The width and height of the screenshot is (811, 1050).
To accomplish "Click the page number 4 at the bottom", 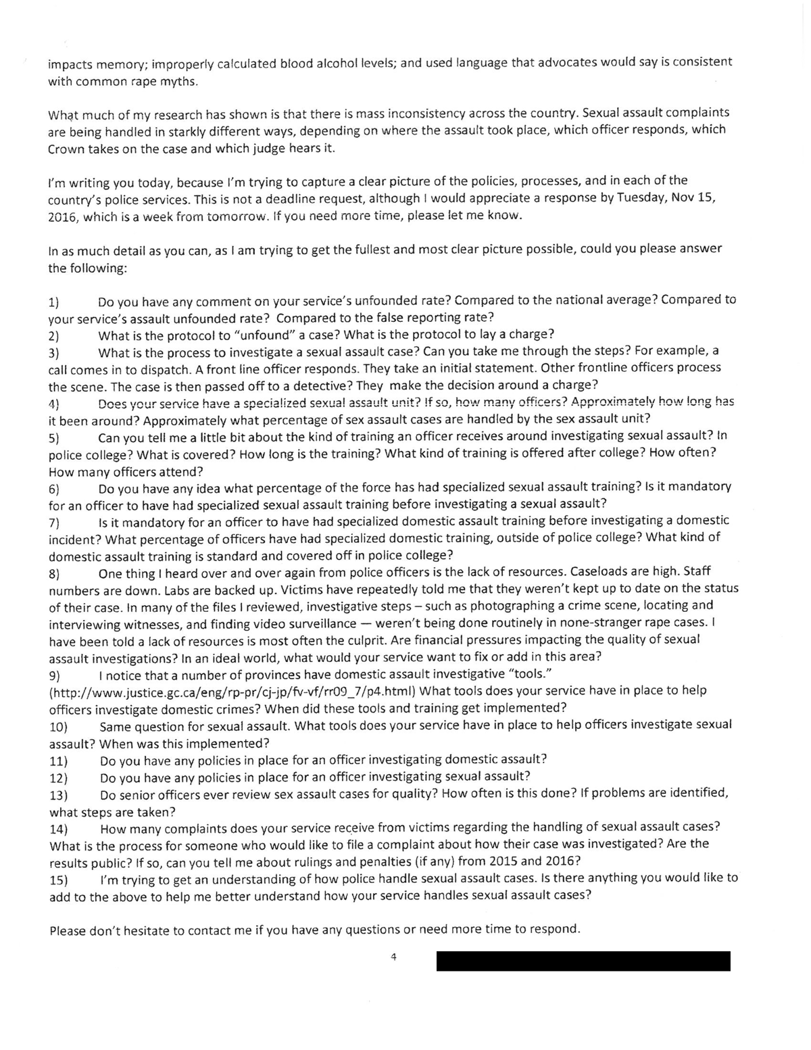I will coord(393,957).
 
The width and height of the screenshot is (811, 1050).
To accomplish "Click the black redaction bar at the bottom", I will coord(583,961).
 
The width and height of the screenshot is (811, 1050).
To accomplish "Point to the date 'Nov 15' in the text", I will coord(696,199).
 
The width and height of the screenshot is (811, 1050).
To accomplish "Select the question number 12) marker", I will coord(59,778).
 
